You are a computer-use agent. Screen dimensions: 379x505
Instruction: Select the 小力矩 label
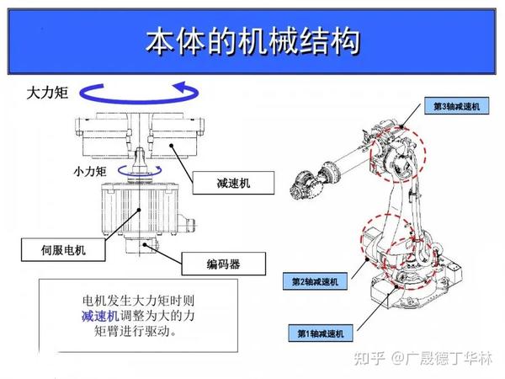click(89, 171)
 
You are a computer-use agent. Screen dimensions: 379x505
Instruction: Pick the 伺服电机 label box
click(64, 249)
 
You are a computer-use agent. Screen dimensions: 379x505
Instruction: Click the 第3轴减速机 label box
click(455, 107)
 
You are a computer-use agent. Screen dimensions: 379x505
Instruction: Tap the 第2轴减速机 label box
click(316, 280)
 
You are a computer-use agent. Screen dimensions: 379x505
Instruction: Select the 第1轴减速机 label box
click(321, 334)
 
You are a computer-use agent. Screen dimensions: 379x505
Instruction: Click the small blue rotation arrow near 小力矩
click(135, 170)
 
